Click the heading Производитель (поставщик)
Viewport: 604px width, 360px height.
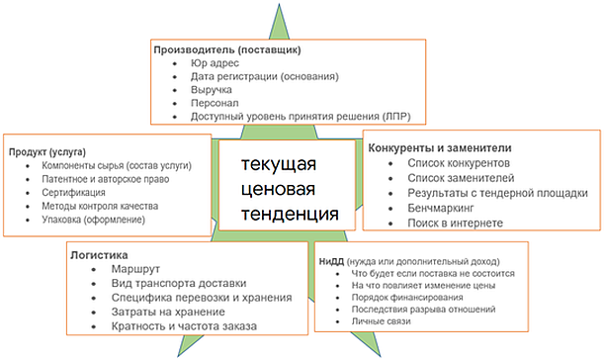click(x=227, y=50)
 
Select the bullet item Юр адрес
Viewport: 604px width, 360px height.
click(x=215, y=63)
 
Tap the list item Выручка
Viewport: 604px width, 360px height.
click(x=212, y=90)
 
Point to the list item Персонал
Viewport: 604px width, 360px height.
click(x=215, y=103)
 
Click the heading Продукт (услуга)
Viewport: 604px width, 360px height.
click(x=47, y=152)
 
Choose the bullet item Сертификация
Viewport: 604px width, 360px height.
click(x=73, y=192)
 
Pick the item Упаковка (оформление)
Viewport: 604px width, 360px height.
click(x=93, y=220)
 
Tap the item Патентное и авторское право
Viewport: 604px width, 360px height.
click(x=105, y=179)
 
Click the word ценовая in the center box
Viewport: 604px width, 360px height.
click(x=278, y=190)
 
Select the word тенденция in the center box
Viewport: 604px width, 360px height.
click(x=290, y=215)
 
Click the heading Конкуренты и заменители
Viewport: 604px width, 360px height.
click(x=440, y=148)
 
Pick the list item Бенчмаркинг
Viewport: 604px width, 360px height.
click(x=441, y=208)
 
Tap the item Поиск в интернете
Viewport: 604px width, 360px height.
click(x=456, y=224)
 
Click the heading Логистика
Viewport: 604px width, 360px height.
click(x=99, y=255)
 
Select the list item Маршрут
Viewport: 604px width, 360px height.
click(x=135, y=269)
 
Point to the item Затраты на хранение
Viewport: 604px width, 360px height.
click(x=168, y=312)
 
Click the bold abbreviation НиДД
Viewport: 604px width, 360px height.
click(x=331, y=262)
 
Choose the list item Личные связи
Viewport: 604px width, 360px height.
click(x=381, y=321)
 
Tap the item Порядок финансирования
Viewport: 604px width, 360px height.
click(x=407, y=298)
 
